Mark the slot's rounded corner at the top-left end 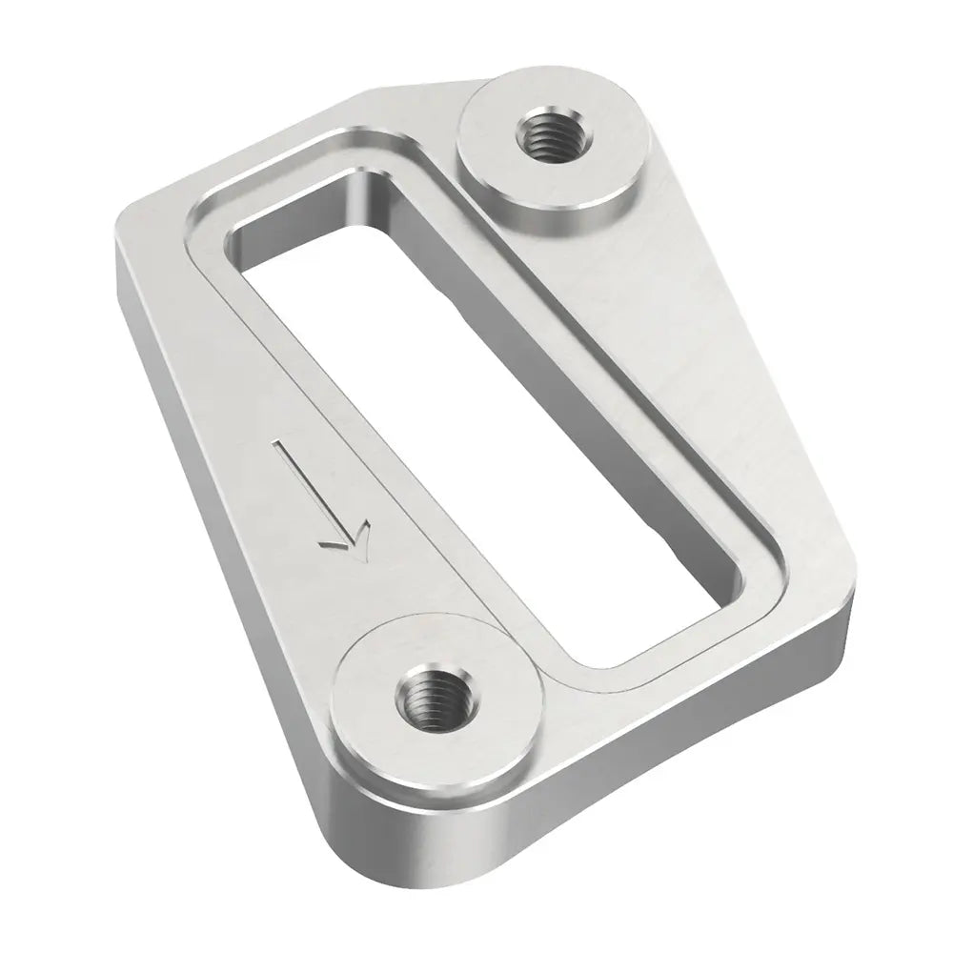pos(238,229)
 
